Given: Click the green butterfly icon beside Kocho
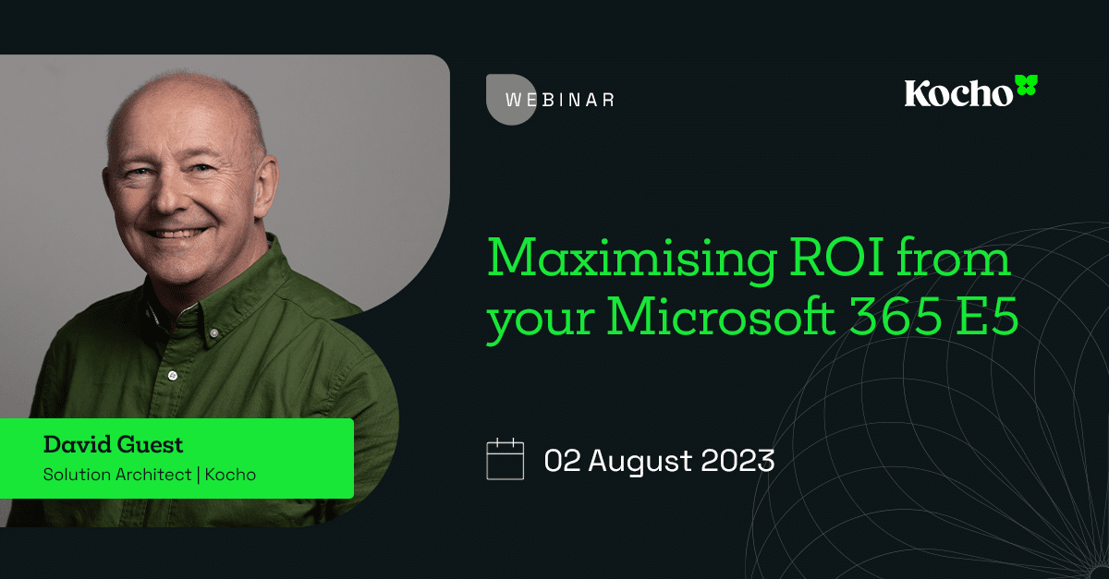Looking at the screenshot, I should [x=1027, y=86].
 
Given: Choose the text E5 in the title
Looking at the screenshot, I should [x=988, y=320].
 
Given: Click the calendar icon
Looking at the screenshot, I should [x=506, y=459].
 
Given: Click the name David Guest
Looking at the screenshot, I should [x=113, y=445].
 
